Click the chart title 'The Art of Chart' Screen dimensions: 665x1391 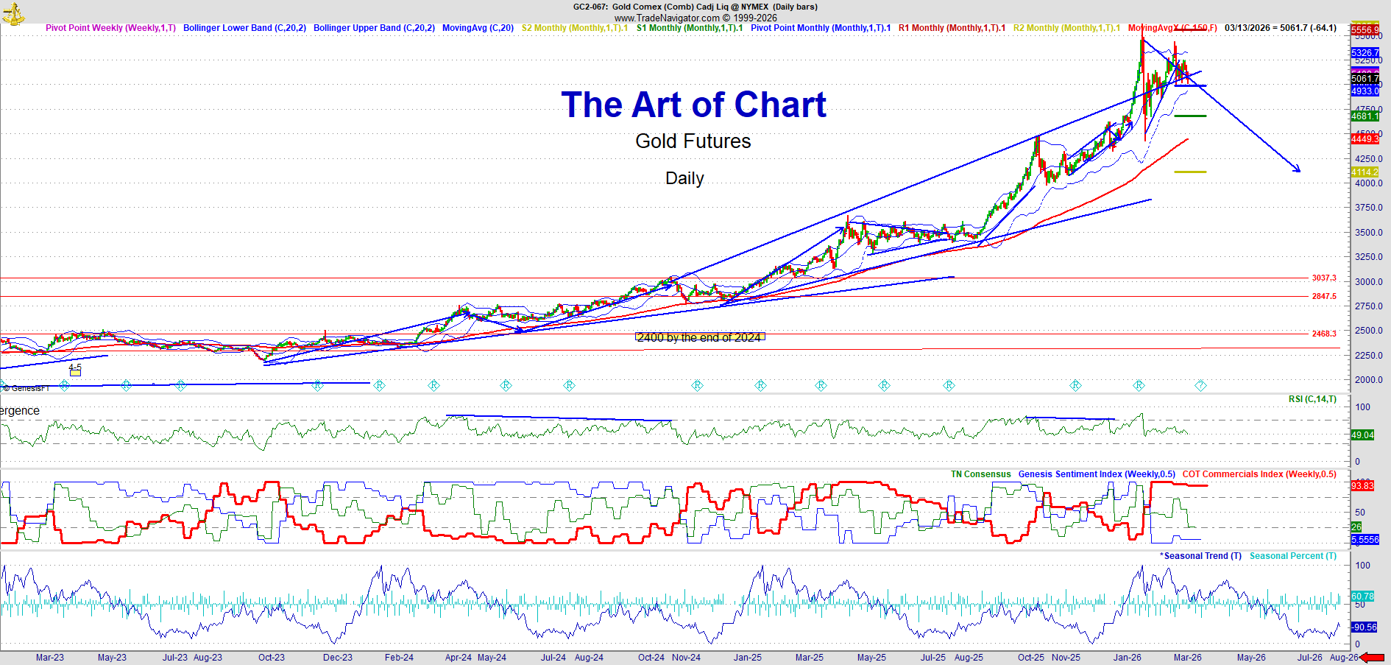coord(693,105)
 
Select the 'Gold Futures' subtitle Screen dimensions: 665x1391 coord(693,141)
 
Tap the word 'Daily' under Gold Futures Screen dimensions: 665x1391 coord(684,178)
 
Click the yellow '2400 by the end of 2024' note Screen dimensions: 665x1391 coord(699,337)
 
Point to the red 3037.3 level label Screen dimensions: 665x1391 coord(1323,278)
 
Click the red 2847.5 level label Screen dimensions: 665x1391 coord(1323,296)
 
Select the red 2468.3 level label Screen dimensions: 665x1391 coord(1323,334)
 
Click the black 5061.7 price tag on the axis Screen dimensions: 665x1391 coord(1365,79)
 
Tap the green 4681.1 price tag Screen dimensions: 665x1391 coord(1365,116)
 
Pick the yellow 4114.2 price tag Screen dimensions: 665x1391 coord(1365,172)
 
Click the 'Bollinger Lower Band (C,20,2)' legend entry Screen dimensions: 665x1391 coord(244,28)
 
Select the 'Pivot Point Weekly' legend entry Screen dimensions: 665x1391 coord(110,28)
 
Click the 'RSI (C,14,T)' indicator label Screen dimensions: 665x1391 coord(1312,399)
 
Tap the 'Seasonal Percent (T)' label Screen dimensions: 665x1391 coord(1292,556)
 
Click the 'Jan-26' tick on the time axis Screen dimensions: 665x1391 coord(1127,658)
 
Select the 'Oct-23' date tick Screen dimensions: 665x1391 coord(272,658)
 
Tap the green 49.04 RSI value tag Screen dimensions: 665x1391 coord(1362,435)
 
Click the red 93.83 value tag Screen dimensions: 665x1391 coord(1362,486)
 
